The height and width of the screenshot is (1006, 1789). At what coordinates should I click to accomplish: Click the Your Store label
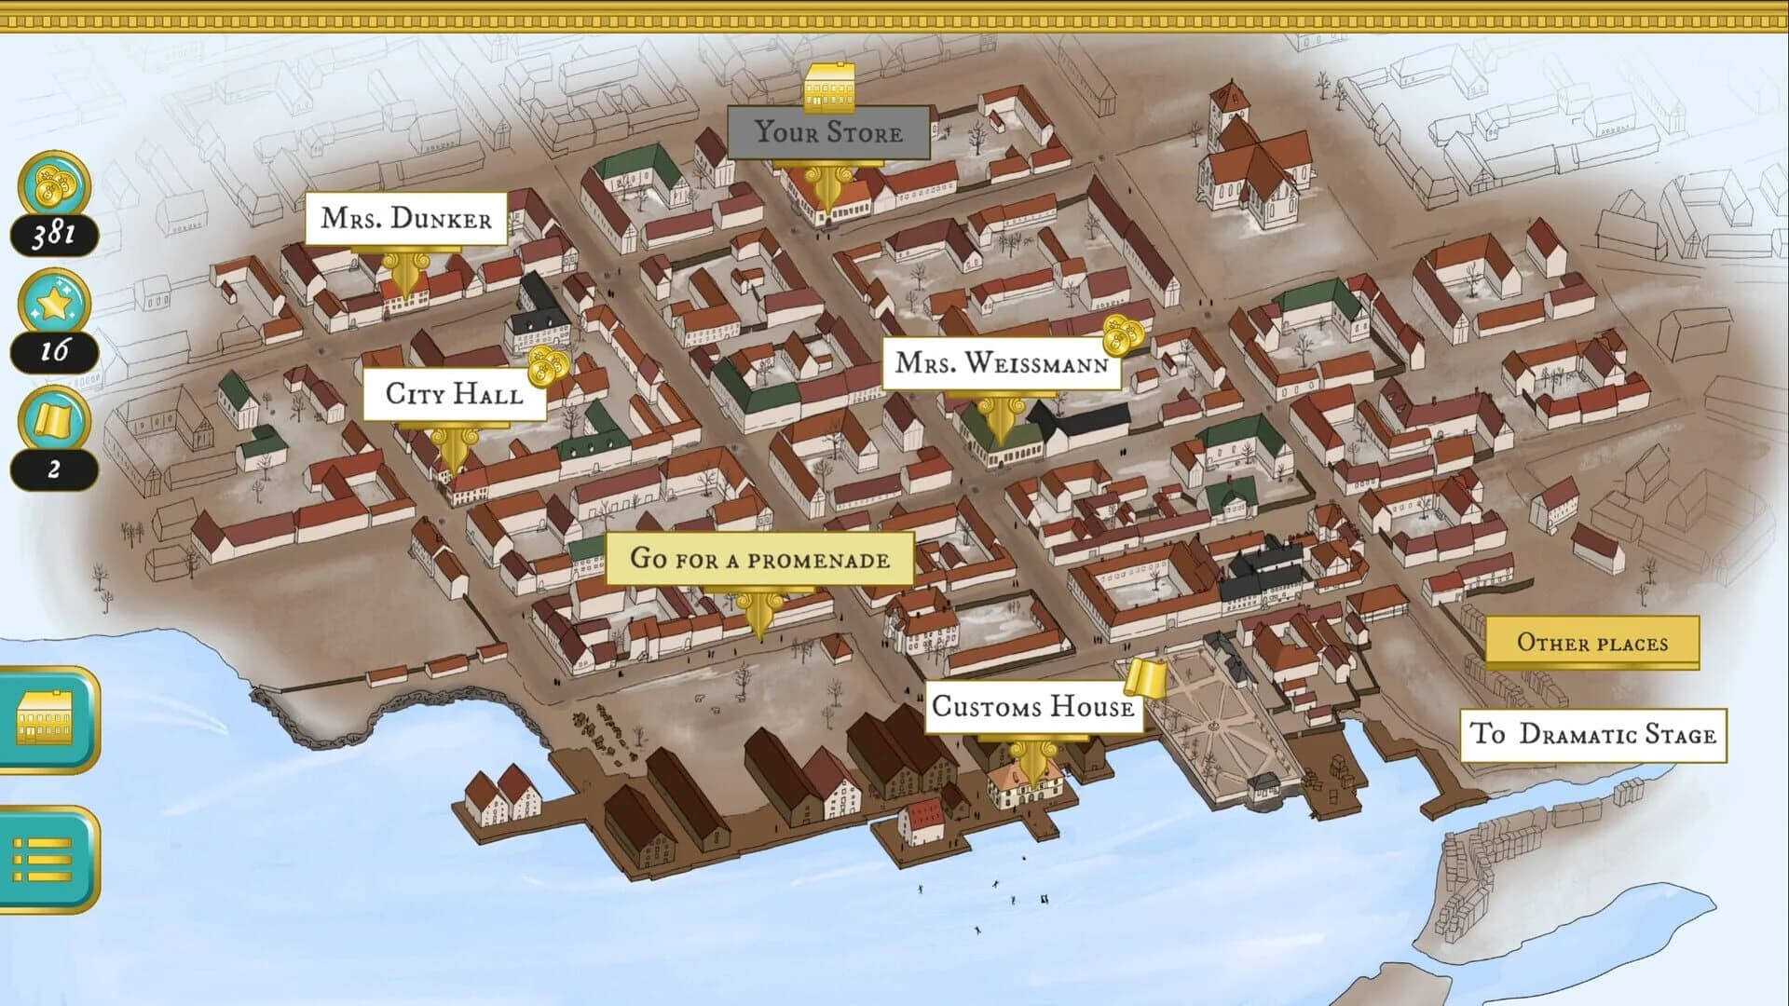coord(827,132)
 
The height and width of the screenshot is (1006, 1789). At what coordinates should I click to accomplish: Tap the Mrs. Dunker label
coord(406,219)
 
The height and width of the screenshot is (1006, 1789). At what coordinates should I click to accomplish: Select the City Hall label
coord(454,394)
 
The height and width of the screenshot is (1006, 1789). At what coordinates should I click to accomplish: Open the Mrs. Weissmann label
coord(1001,362)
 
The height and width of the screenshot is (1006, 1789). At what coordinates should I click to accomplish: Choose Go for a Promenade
coord(759,559)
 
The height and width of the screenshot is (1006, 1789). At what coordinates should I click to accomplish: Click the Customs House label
coord(1032,707)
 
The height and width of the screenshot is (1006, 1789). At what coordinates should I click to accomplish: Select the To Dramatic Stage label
coord(1592,735)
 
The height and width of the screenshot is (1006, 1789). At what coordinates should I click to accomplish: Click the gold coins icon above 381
coord(54,184)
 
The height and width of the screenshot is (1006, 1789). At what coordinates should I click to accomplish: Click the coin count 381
coord(54,234)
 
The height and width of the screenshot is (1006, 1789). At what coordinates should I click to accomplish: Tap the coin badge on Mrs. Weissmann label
coord(1122,335)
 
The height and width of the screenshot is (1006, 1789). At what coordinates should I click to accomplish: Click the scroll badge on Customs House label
coord(1145,677)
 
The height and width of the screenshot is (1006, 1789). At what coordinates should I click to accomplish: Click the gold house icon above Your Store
coord(829,88)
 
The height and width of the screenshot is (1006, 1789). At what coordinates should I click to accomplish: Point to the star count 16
coord(54,351)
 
